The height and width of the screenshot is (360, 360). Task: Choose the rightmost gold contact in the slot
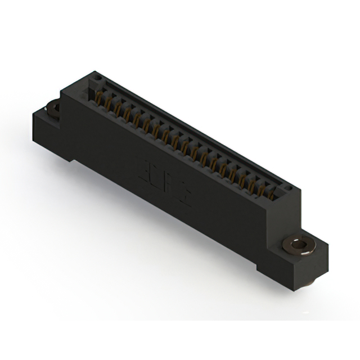[273, 194]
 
